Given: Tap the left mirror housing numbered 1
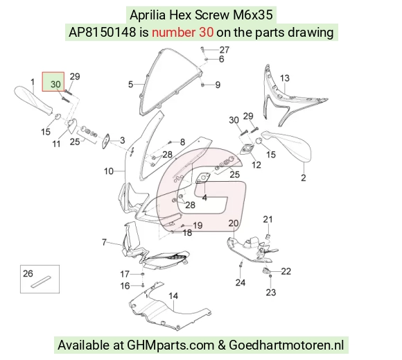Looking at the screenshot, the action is tap(33, 101).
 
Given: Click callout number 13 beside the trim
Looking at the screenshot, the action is tap(285, 78).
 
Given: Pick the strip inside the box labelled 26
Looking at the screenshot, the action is tap(41, 282).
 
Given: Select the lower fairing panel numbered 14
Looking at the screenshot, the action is tap(169, 308).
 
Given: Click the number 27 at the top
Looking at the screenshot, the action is tap(225, 49).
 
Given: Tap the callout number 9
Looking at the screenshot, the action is tap(218, 85).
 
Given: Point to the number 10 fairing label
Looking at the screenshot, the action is tap(108, 171).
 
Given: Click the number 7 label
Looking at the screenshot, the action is tap(104, 242).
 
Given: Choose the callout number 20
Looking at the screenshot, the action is tap(234, 223).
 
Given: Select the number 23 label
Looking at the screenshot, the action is tap(271, 292).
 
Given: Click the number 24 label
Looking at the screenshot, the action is tap(241, 282).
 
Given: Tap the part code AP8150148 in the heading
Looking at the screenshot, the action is tap(103, 33).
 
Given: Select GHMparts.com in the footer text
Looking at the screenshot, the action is tap(171, 345).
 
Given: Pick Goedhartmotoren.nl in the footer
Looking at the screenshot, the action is tap(286, 345).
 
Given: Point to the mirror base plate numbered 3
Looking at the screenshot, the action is tap(106, 141).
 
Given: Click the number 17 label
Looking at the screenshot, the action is tap(125, 274).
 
